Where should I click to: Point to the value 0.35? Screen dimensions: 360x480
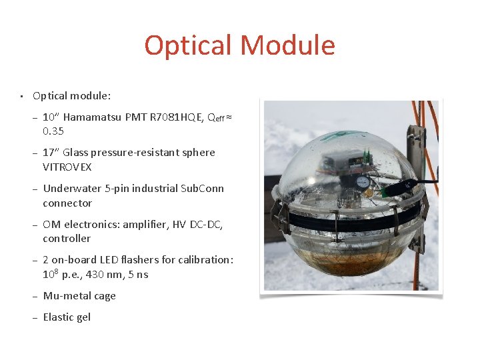[x=53, y=131]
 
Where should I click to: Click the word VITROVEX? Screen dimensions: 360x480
[x=67, y=167]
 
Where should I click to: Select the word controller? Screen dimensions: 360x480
[x=67, y=239]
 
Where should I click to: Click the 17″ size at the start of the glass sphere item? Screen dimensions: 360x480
[x=51, y=153]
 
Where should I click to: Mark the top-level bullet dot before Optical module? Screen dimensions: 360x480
[x=21, y=96]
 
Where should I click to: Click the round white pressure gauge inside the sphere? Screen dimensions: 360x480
[x=363, y=181]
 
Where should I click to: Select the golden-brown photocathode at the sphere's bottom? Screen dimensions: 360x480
[x=347, y=267]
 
